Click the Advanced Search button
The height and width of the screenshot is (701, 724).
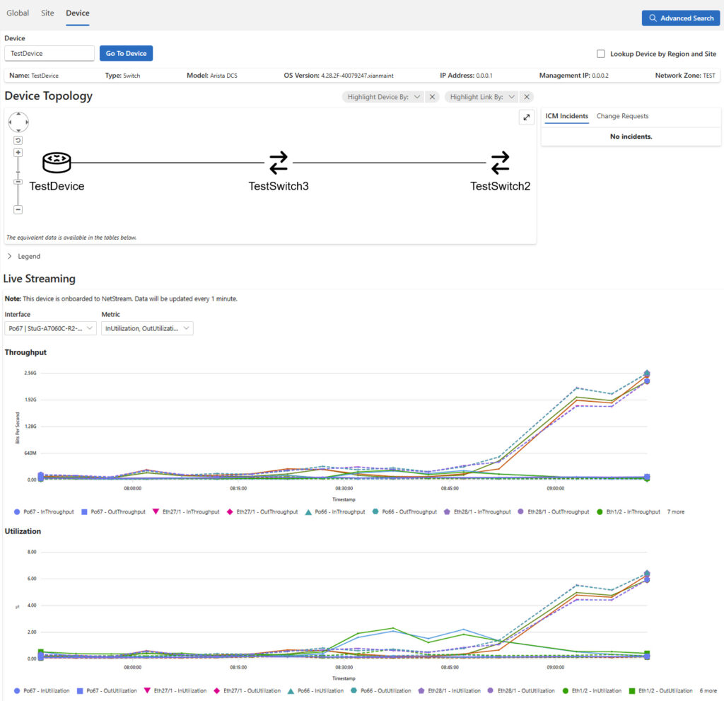[x=681, y=18]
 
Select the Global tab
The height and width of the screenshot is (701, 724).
[x=18, y=13]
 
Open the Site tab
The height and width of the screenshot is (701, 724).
[x=47, y=13]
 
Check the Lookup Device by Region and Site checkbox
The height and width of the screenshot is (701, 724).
[x=601, y=54]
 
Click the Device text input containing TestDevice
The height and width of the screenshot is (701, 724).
[x=49, y=53]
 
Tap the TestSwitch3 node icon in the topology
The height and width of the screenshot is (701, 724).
[x=279, y=163]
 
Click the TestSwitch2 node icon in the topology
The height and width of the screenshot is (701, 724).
[x=500, y=163]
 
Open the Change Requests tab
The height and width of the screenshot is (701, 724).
[x=622, y=116]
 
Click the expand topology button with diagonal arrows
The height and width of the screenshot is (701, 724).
[x=526, y=118]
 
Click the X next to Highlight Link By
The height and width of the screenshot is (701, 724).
[x=527, y=97]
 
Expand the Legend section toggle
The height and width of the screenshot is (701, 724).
[x=10, y=256]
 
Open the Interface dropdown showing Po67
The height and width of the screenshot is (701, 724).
[x=50, y=328]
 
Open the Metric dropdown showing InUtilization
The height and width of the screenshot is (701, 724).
[x=147, y=328]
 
